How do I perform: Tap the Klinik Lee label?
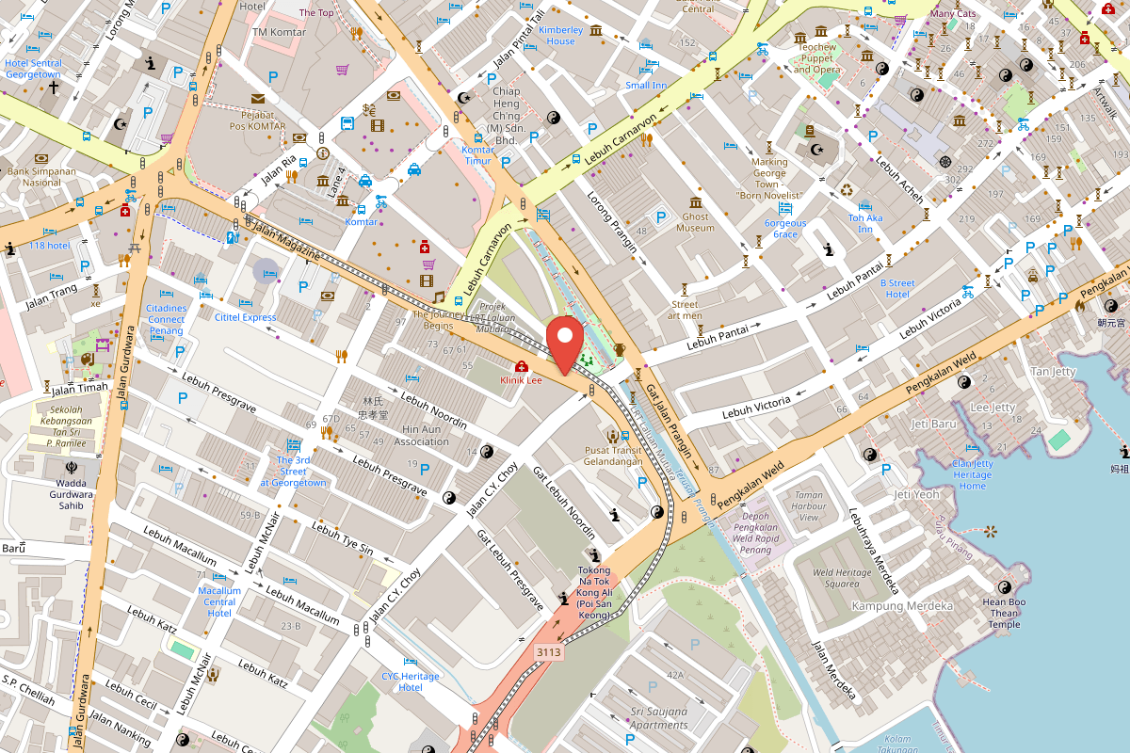[521, 380]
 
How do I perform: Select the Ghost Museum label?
[696, 222]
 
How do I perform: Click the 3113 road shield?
[549, 651]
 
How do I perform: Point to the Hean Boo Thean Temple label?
[1004, 613]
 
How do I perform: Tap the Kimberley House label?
[560, 36]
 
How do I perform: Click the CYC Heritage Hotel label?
[410, 681]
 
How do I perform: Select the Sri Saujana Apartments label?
[659, 718]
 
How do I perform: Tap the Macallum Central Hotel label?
[219, 601]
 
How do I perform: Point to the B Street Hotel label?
[897, 288]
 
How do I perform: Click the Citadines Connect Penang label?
[167, 319]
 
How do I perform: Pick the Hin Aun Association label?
[421, 435]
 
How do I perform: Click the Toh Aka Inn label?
[865, 224]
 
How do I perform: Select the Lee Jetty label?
[993, 408]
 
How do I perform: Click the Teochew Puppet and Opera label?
[816, 58]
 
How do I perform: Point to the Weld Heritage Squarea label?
[830, 578]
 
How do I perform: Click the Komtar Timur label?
[478, 155]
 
